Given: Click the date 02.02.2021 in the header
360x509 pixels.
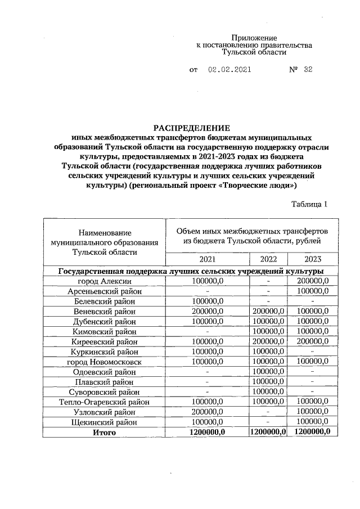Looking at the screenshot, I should [x=229, y=70].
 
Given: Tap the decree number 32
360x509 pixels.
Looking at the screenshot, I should [x=308, y=70].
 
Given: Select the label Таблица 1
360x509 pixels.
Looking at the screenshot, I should [x=308, y=205].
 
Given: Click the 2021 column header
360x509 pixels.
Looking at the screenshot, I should [x=207, y=259].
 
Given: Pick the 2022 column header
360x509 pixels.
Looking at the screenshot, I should [x=268, y=259].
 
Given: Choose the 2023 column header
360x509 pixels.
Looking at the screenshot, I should [x=313, y=259].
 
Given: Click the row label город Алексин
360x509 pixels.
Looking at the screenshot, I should [x=105, y=281].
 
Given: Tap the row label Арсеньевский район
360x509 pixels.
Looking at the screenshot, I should [x=105, y=291].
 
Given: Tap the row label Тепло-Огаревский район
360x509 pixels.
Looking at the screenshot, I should [x=105, y=402].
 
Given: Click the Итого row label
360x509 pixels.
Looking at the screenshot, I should [x=105, y=432].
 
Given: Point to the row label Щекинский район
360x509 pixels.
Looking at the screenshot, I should [x=105, y=422].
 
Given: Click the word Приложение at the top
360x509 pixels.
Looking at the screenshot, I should [x=254, y=36].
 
